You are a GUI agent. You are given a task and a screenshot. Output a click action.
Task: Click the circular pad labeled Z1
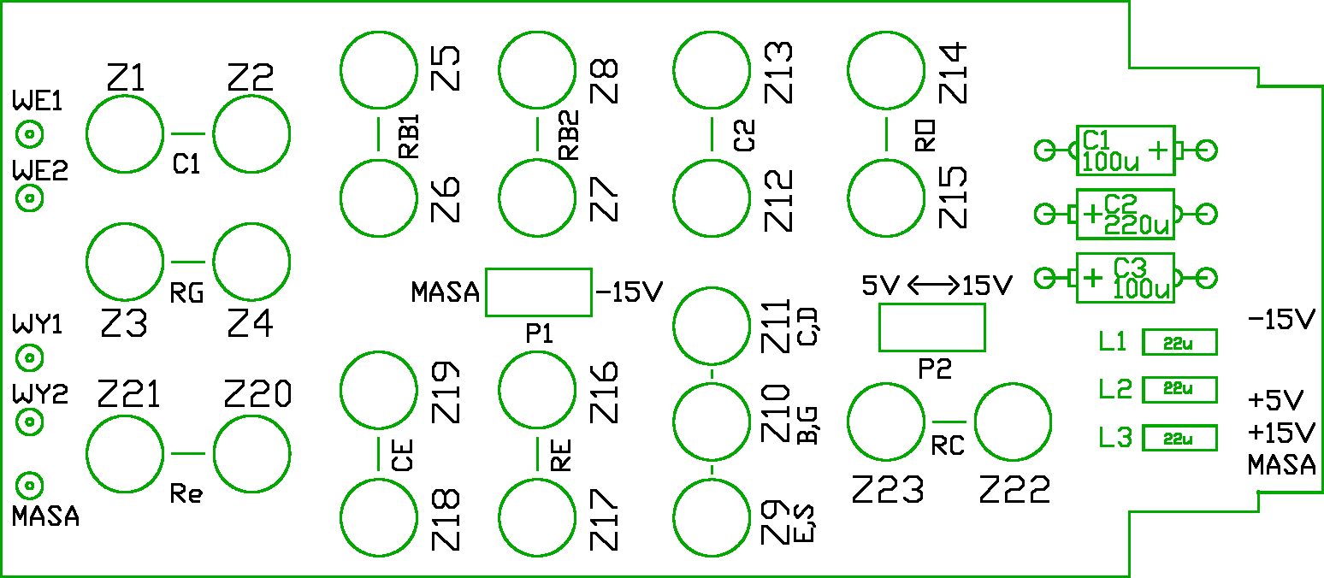[125, 134]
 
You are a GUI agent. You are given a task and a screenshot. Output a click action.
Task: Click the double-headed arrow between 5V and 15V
[932, 286]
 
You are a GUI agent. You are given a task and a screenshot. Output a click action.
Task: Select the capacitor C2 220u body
[1125, 215]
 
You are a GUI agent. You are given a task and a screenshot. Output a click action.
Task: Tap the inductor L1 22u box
[1179, 343]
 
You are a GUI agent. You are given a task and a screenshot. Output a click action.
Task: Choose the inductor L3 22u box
[1179, 439]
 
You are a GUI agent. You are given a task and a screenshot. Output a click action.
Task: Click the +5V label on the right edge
[1276, 400]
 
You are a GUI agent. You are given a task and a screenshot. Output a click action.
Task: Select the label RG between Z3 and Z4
[186, 295]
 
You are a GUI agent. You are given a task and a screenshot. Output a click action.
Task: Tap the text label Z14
[953, 74]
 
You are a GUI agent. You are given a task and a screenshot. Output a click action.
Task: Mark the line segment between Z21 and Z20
[188, 453]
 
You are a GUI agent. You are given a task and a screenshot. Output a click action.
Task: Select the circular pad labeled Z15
[885, 198]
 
